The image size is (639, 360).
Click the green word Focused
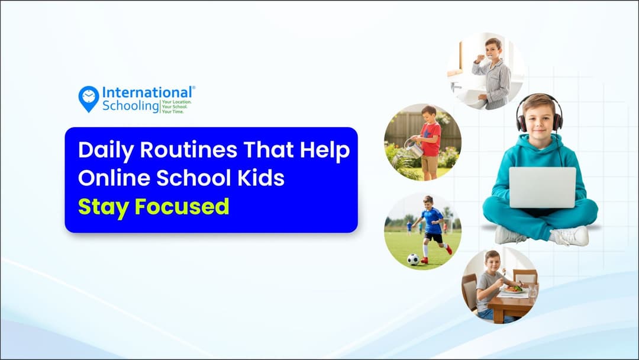coord(182,207)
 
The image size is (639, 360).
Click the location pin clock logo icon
coord(89,98)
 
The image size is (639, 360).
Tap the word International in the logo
coord(147,93)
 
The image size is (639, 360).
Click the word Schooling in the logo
coord(131,106)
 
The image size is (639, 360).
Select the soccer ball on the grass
coord(413,259)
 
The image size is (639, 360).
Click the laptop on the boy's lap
coord(542,187)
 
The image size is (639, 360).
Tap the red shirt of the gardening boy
coord(431,140)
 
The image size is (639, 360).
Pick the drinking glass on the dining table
coord(531,291)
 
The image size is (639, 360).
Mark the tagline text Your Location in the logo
coord(176,102)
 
